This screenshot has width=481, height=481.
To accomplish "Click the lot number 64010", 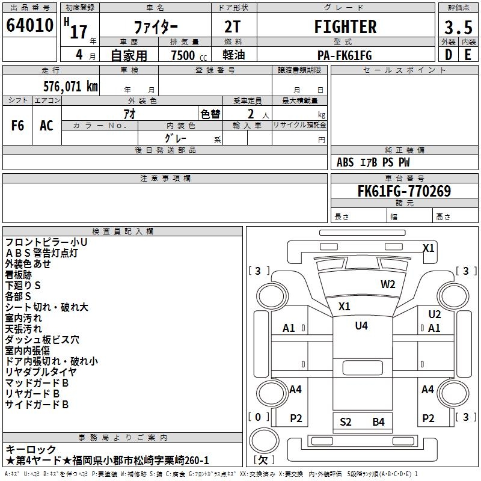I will pyautogui.click(x=30, y=27).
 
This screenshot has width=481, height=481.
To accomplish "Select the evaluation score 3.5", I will pyautogui.click(x=458, y=28).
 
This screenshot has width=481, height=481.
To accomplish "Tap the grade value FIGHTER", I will pyautogui.click(x=345, y=27).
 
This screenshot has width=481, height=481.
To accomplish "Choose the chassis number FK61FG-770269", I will pyautogui.click(x=404, y=191).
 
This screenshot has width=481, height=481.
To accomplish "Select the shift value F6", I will pyautogui.click(x=18, y=126).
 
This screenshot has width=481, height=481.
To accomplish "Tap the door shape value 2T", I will pyautogui.click(x=233, y=27).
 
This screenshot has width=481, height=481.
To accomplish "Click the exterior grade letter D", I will pyautogui.click(x=448, y=55).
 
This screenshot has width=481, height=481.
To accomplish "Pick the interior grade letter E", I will pyautogui.click(x=468, y=55).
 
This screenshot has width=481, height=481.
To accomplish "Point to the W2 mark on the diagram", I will pyautogui.click(x=388, y=284).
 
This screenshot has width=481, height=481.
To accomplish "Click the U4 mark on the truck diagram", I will pyautogui.click(x=361, y=325).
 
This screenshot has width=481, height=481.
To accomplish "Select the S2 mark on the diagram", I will pyautogui.click(x=346, y=421).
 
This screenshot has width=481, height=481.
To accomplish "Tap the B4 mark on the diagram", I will pyautogui.click(x=378, y=421).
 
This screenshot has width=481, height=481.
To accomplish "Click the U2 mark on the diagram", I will pyautogui.click(x=434, y=314).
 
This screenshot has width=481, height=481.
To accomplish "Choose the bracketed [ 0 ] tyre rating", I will pyautogui.click(x=258, y=417).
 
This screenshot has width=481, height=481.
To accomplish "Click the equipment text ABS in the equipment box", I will pyautogui.click(x=345, y=162).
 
